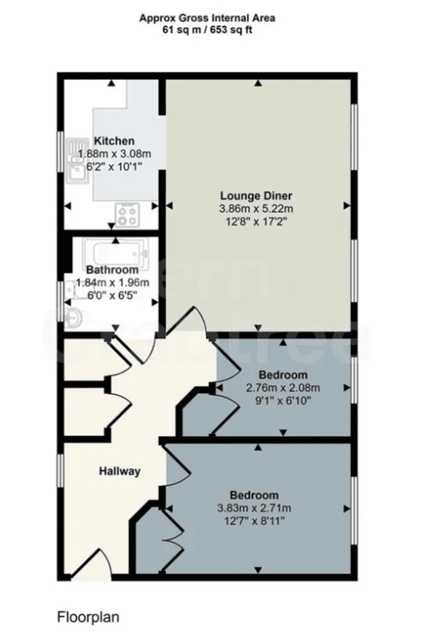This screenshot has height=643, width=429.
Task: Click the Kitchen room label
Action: click(114, 141)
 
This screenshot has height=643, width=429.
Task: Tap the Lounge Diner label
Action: click(256, 196)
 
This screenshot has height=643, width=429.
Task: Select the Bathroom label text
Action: click(113, 270)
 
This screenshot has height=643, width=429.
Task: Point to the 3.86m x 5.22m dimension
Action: click(256, 208)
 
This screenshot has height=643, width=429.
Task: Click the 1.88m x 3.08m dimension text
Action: click(115, 154)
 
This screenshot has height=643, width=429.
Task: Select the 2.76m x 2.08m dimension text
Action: click(283, 388)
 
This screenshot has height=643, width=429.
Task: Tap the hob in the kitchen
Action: click(127, 215)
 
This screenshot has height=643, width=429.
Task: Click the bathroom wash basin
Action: click(72, 318)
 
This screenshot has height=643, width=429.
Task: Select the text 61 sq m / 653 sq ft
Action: click(207, 30)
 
